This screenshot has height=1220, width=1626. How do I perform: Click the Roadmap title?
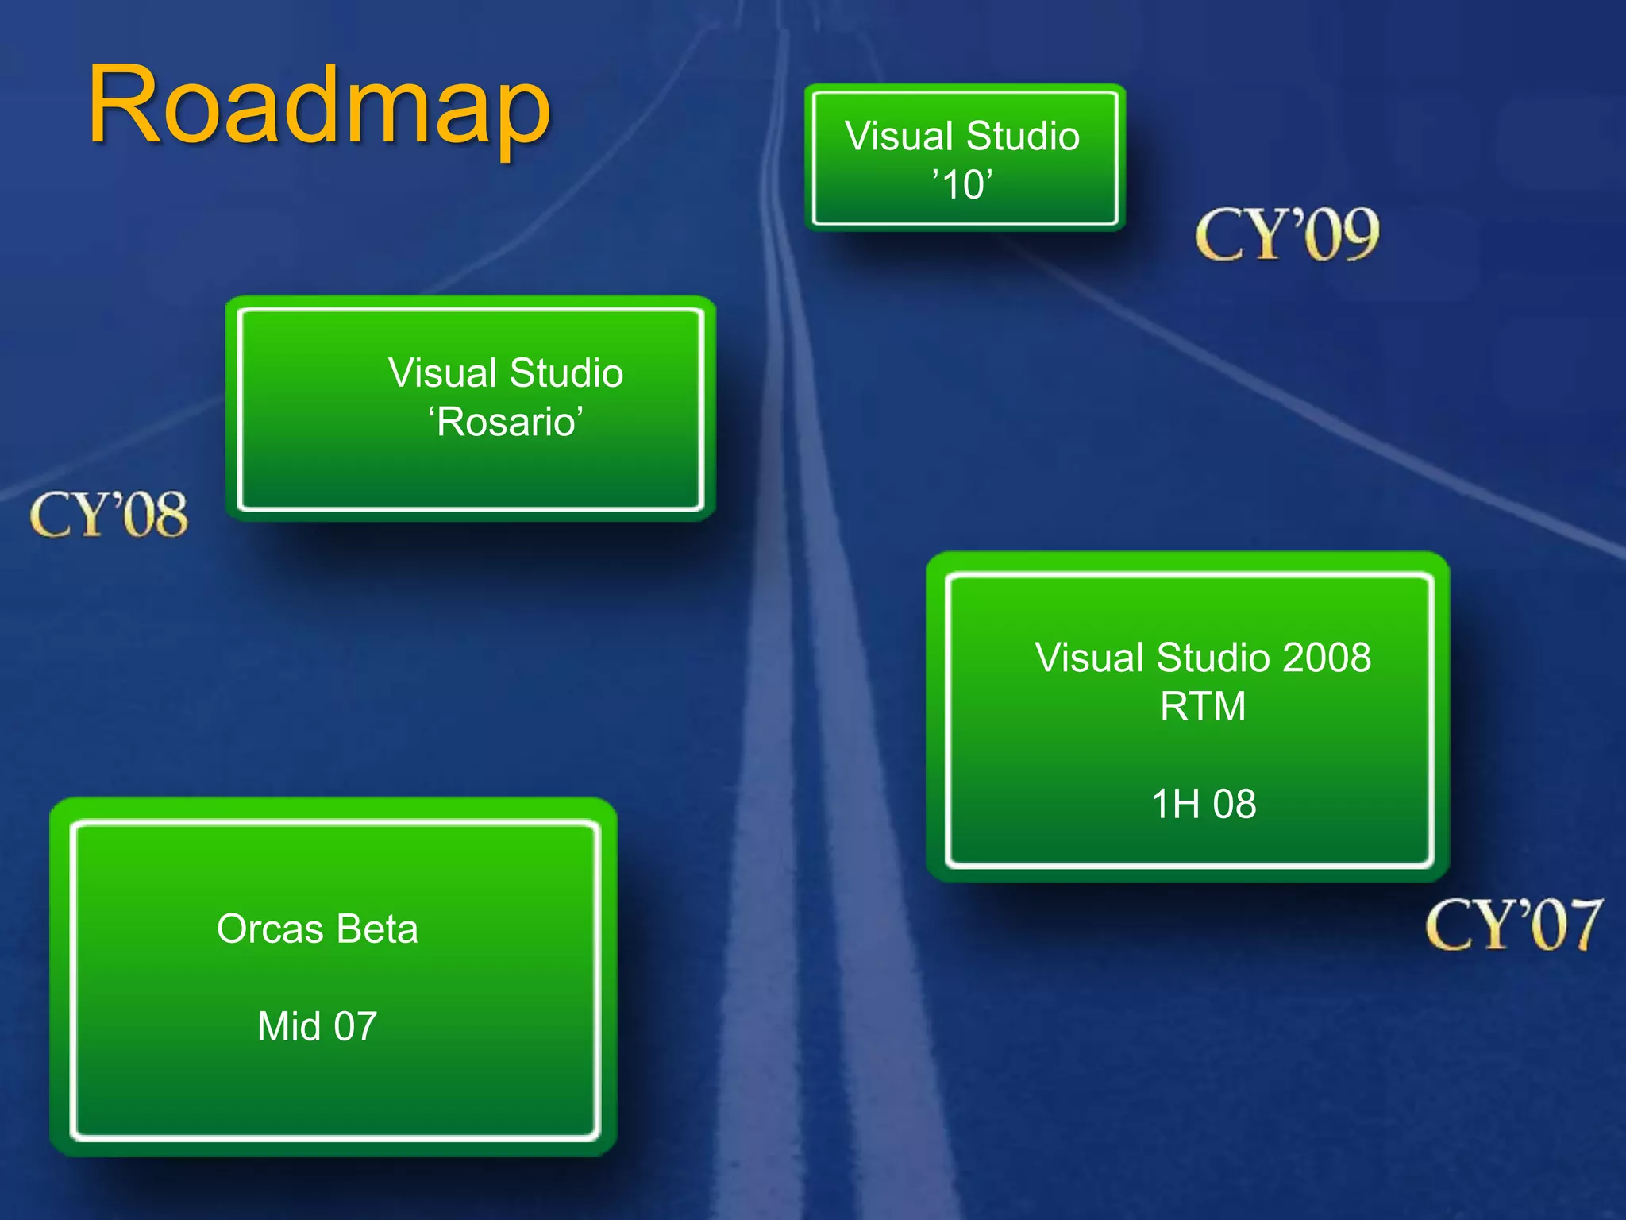click(319, 107)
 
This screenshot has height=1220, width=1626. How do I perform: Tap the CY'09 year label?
click(1287, 234)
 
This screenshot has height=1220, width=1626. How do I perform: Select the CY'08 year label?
click(109, 515)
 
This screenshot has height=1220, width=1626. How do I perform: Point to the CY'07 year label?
click(1513, 925)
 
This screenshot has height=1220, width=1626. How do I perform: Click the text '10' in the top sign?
click(961, 185)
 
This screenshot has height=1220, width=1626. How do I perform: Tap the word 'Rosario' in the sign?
click(507, 422)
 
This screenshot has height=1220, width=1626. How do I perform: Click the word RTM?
click(1203, 706)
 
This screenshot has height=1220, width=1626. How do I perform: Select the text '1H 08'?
click(1204, 804)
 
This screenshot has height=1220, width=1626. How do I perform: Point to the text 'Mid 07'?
click(317, 1026)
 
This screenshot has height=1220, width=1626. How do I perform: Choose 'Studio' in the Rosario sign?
click(566, 373)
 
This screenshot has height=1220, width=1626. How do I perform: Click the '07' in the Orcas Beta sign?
click(355, 1026)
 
